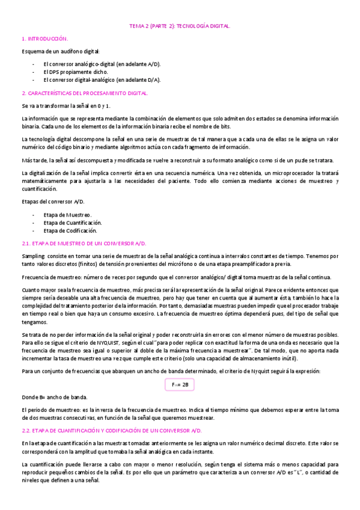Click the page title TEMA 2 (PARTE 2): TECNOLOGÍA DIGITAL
click(x=180, y=26)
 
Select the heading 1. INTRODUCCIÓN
click(x=44, y=38)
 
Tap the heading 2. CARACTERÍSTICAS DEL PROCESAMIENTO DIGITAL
click(x=85, y=93)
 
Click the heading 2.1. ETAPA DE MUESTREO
click(x=84, y=243)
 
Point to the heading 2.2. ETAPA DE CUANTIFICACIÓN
click(x=112, y=431)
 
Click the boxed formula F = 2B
click(x=180, y=383)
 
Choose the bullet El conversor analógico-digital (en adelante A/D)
click(x=102, y=64)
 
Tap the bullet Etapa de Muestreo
click(x=67, y=215)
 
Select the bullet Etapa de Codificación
click(x=71, y=230)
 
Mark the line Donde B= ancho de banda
click(x=54, y=397)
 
